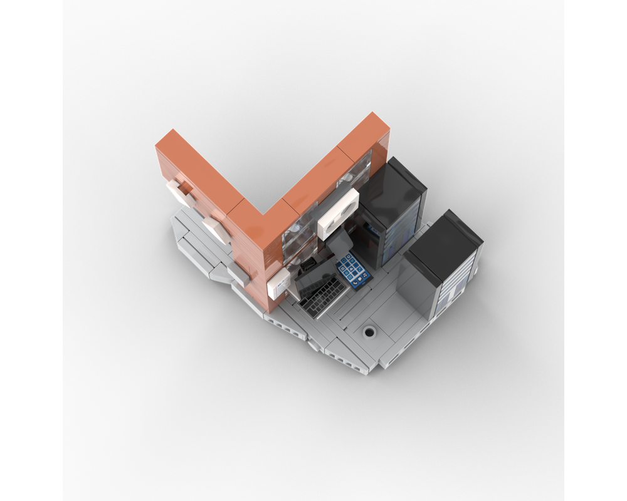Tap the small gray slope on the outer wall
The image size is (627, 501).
238,273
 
